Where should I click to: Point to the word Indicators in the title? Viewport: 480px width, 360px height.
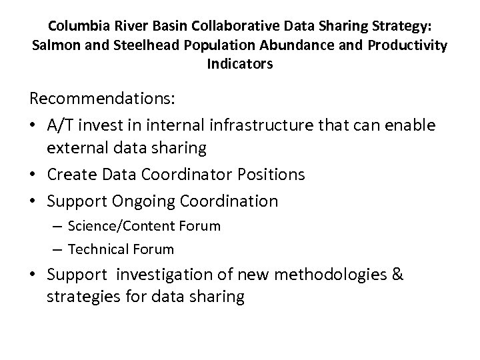[x=240, y=66]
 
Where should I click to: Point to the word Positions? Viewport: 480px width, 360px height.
[x=274, y=175]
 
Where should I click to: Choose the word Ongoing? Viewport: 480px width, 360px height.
[x=146, y=200]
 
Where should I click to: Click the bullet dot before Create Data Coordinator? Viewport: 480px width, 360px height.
[x=33, y=175]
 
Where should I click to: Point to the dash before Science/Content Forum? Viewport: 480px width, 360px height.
[x=58, y=226]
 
